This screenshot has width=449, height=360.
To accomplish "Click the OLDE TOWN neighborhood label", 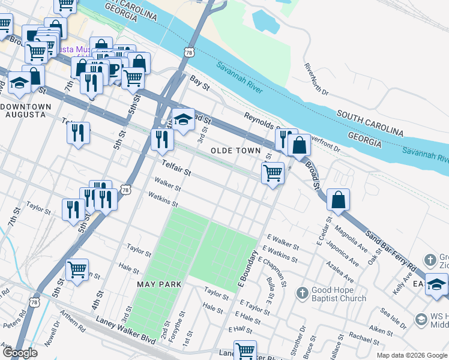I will pyautogui.click(x=236, y=150).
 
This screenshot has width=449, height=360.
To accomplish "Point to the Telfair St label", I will pyautogui.click(x=176, y=168).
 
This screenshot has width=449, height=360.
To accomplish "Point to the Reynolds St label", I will pyautogui.click(x=262, y=122).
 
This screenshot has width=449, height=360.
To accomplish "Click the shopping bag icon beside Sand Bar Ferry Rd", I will pyautogui.click(x=339, y=200).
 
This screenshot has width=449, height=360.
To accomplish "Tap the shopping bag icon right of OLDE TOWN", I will pyautogui.click(x=299, y=145).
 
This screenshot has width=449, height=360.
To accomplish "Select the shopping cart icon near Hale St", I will pyautogui.click(x=77, y=271).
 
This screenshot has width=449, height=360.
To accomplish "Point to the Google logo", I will pyautogui.click(x=20, y=353).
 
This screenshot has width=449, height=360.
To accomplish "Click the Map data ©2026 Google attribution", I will pyautogui.click(x=411, y=355).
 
